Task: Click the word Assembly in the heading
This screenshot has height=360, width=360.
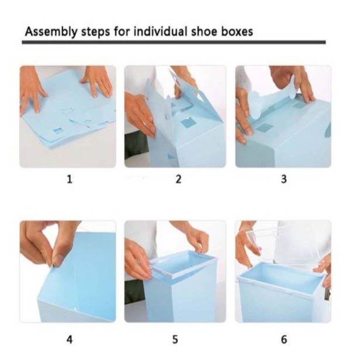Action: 51,32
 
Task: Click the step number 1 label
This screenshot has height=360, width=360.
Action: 70,179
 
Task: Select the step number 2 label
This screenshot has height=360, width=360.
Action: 178,179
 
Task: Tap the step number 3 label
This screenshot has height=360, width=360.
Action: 284,179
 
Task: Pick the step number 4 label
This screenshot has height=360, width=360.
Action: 70,340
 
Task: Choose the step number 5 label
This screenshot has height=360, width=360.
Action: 175,340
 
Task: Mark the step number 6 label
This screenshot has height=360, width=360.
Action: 284,340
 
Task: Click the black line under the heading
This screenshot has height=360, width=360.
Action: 174,42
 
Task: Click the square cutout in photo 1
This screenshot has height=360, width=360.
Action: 58,131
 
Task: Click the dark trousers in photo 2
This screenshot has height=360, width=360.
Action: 136,145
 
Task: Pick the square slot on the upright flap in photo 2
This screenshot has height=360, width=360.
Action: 187,123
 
